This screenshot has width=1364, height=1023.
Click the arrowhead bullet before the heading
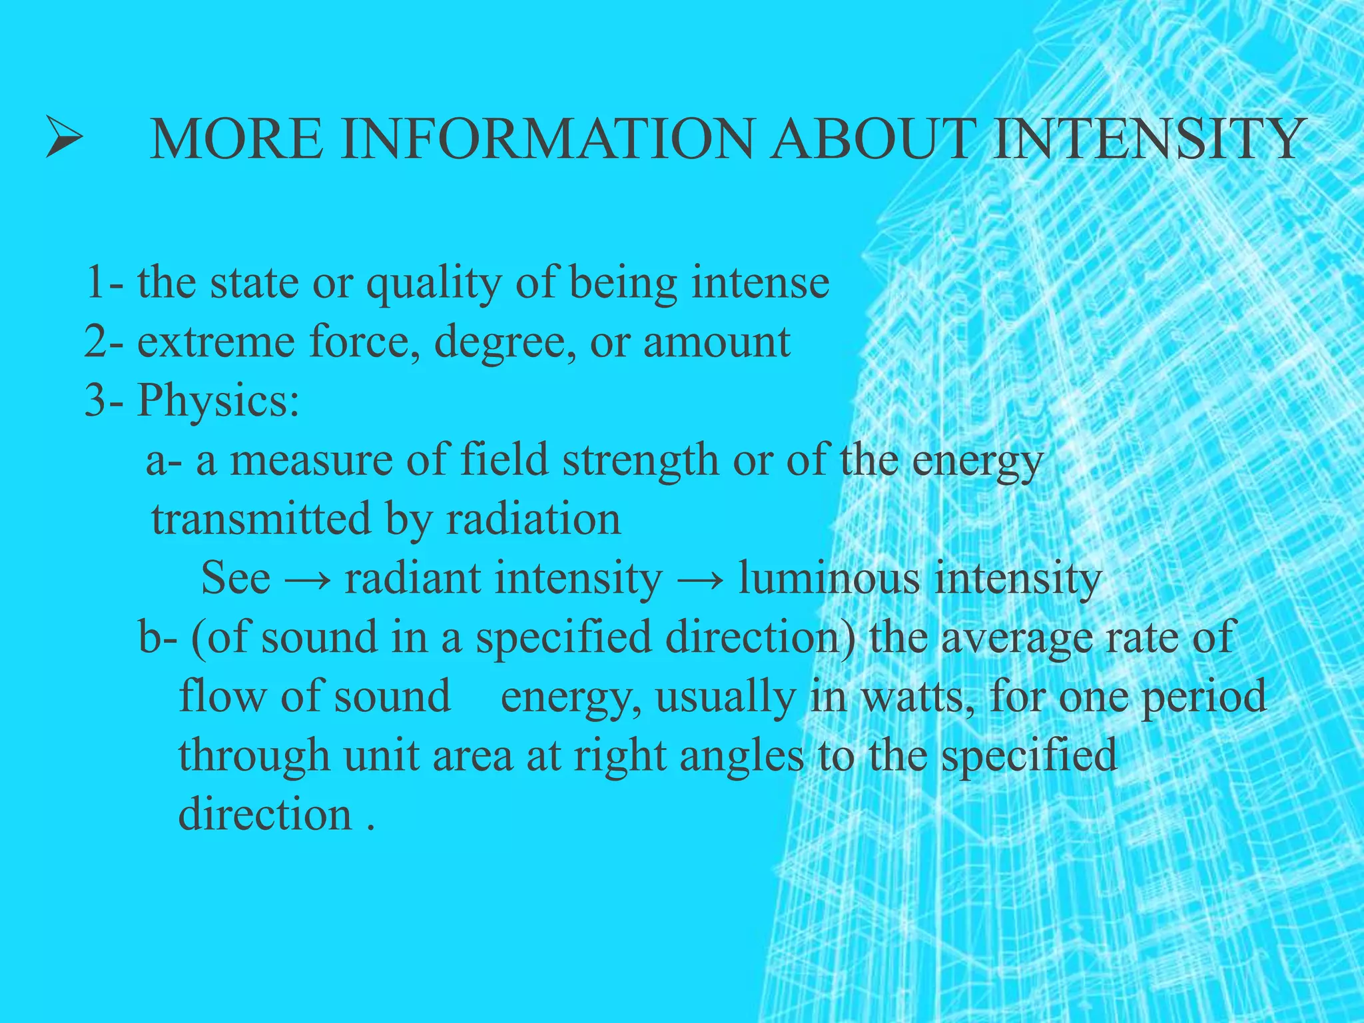(64, 137)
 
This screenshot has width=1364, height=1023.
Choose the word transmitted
(260, 519)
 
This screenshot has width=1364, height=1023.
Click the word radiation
(533, 519)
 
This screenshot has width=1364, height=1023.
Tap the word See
(236, 578)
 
